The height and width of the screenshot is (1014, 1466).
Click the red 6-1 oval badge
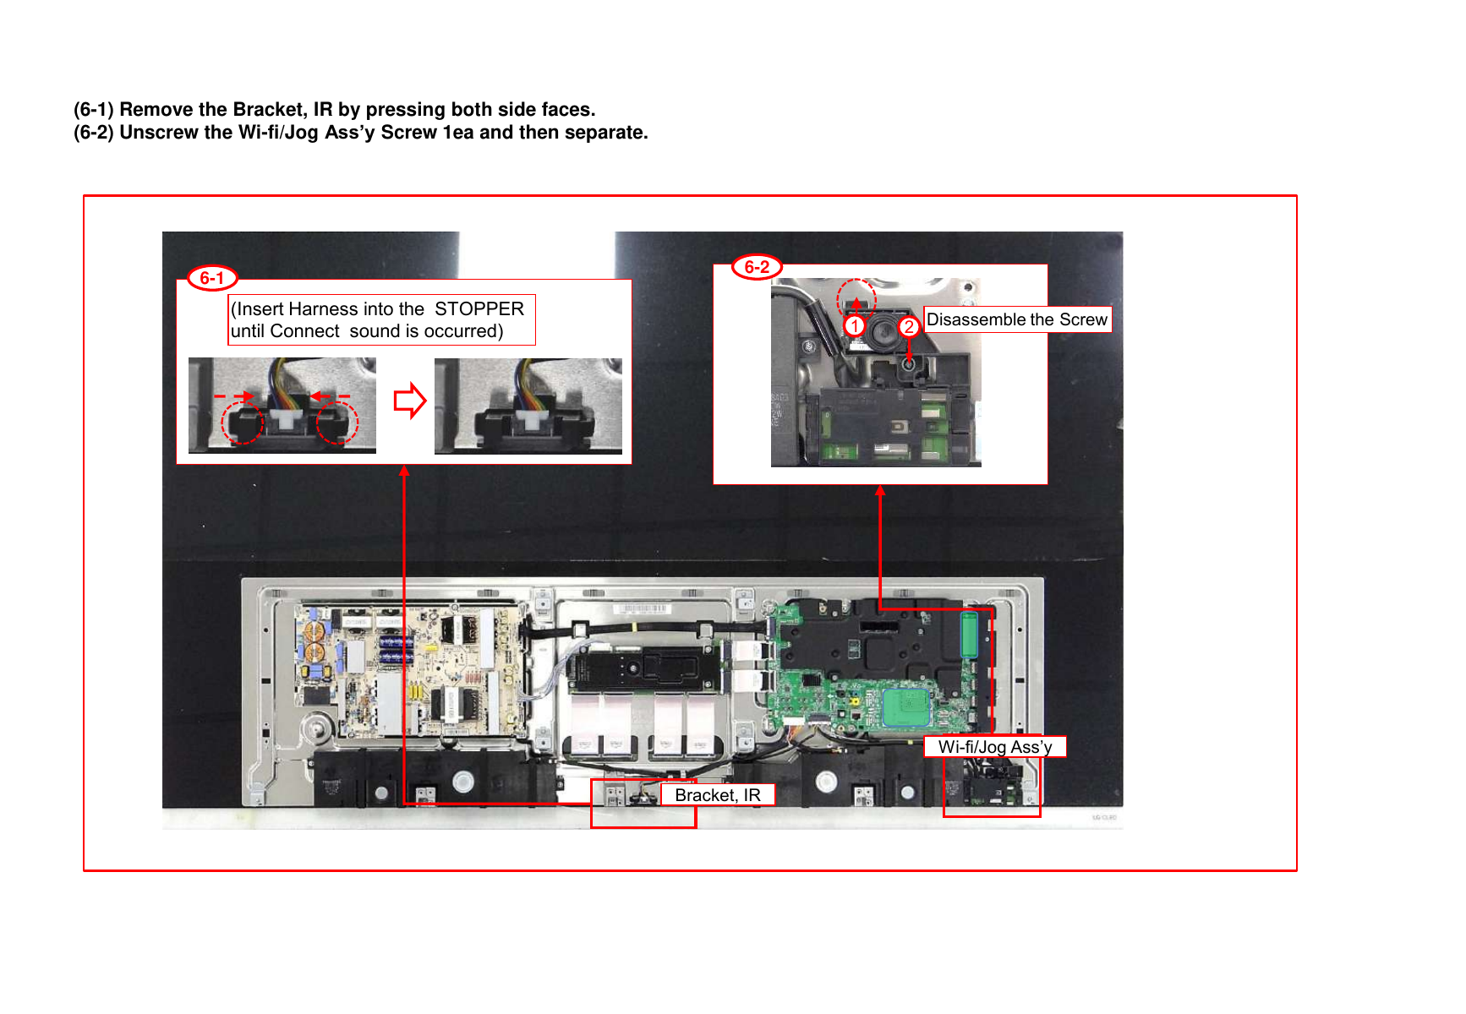click(212, 278)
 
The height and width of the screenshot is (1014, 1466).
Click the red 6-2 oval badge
click(757, 267)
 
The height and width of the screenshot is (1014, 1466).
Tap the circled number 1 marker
click(855, 326)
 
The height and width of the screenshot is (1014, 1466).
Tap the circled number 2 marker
click(908, 327)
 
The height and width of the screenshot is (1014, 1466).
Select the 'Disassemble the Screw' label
click(1017, 319)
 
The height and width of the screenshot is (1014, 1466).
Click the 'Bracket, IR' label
click(718, 795)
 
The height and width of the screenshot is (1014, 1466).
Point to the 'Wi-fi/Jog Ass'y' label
click(995, 747)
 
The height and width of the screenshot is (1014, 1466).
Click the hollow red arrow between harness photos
click(410, 401)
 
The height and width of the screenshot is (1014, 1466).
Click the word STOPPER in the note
click(479, 308)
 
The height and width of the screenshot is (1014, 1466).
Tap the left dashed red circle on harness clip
click(242, 422)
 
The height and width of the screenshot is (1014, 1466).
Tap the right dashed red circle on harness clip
click(337, 422)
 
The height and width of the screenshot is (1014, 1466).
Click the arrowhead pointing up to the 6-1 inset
click(405, 472)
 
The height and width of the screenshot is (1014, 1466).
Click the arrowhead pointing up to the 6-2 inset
click(880, 491)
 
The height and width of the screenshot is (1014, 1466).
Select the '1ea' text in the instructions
click(458, 133)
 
